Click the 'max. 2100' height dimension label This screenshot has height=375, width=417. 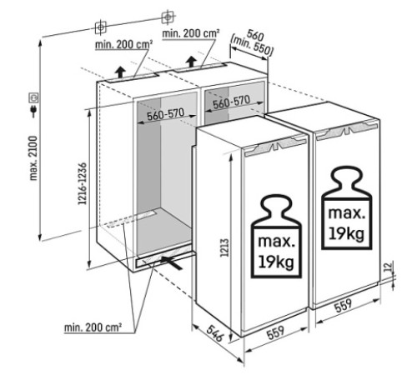(33, 158)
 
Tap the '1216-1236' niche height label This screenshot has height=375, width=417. (83, 184)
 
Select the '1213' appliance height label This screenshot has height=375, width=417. (224, 247)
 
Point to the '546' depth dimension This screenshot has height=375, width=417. (215, 333)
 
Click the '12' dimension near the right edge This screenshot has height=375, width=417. (389, 266)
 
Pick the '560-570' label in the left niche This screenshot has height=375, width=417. (166, 114)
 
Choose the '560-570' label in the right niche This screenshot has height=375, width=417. (231, 102)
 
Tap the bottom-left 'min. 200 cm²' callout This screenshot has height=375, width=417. (93, 327)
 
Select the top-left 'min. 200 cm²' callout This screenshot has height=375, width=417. (124, 44)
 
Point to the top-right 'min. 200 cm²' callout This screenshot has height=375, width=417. (191, 33)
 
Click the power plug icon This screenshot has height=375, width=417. (34, 110)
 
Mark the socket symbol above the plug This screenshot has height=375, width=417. (34, 97)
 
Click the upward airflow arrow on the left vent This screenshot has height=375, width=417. (120, 72)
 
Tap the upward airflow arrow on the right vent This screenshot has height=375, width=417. (192, 62)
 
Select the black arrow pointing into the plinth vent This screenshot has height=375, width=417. (172, 262)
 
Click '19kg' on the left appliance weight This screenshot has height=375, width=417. (276, 262)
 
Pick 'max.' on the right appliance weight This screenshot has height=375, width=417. (346, 213)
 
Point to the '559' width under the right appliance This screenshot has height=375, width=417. (344, 306)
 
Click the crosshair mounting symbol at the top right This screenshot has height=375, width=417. (168, 17)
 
